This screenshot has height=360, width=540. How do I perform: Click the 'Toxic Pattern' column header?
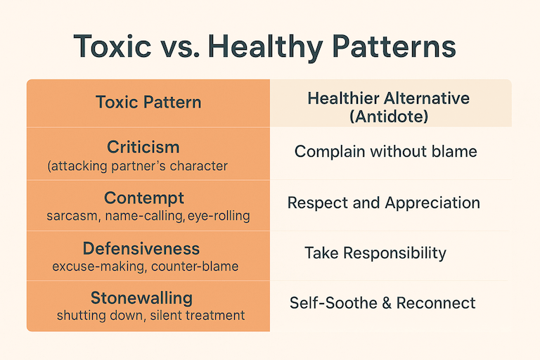[x=148, y=103]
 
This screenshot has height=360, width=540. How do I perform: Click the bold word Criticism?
[x=143, y=147]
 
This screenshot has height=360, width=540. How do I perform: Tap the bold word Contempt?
[x=144, y=198]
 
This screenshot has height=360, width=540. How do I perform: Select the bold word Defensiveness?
[x=141, y=249]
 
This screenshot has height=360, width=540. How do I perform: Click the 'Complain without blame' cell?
[x=385, y=151]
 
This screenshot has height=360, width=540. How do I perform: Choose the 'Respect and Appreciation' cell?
[x=384, y=202]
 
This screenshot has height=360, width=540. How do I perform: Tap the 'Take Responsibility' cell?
[x=375, y=252]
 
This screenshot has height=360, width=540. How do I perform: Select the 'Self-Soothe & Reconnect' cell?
[x=382, y=303]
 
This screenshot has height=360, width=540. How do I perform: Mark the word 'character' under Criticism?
[x=200, y=166]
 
